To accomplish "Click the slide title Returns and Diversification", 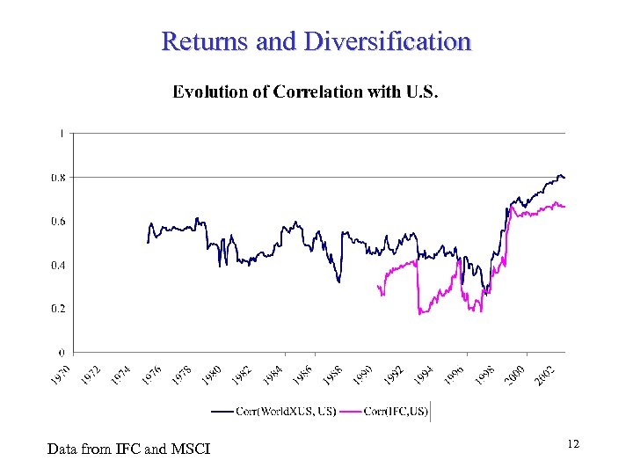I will click(x=316, y=41).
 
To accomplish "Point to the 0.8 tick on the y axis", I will click(x=55, y=178).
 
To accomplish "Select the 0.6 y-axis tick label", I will click(x=55, y=222).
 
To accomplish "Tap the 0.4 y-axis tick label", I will click(x=55, y=265).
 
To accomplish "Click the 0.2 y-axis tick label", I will click(x=55, y=309).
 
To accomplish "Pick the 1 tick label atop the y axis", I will click(x=60, y=134).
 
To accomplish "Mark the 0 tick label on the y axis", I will click(x=60, y=353).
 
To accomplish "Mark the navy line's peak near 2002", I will click(x=560, y=174).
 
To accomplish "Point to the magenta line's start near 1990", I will click(x=377, y=286).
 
